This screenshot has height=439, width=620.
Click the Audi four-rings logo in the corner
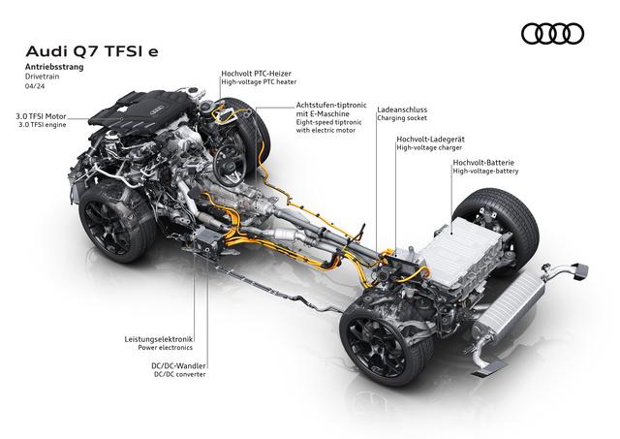coord(552,34)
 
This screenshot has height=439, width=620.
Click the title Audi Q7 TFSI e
coord(92,51)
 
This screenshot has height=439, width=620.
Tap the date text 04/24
coord(35,86)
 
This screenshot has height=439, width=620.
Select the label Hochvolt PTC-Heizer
coord(256,74)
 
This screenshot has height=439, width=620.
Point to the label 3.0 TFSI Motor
coord(41,116)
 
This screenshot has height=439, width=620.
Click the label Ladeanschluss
coord(402,110)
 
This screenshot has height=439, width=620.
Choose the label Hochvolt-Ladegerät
coord(430,140)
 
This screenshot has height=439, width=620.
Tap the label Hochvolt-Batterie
coord(483,162)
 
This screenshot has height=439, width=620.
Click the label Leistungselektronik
coord(158,339)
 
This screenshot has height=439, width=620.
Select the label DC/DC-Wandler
coord(178,366)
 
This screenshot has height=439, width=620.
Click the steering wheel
coord(230,164)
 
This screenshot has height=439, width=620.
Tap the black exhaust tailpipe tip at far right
coord(580,271)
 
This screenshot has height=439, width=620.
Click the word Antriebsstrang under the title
coord(54,67)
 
